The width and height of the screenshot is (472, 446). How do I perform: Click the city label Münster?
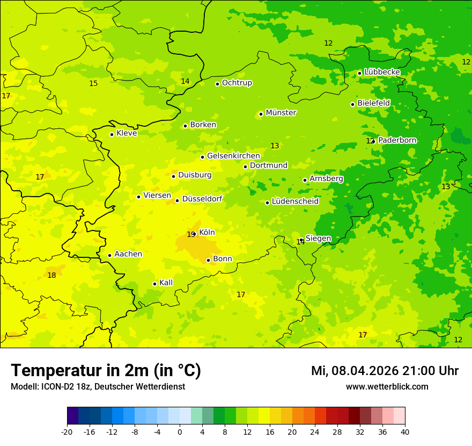point(281,113)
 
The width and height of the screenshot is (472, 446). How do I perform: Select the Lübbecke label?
point(382,72)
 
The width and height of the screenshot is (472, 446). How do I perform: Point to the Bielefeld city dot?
point(352,104)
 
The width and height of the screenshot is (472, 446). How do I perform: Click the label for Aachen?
point(128,254)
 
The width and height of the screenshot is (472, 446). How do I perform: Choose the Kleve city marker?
point(112,134)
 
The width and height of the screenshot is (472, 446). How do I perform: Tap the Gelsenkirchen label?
point(233,156)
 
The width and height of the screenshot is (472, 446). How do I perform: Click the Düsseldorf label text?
point(202,199)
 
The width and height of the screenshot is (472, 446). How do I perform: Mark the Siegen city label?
point(318,239)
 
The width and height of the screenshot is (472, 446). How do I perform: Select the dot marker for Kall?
point(154,284)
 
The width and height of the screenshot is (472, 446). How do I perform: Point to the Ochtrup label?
point(237,83)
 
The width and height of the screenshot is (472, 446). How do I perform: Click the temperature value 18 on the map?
point(51,275)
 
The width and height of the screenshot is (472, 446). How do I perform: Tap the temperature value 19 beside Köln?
point(190,235)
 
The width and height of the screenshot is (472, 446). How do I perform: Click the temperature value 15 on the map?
point(93,83)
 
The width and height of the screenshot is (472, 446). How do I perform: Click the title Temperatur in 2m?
point(106,370)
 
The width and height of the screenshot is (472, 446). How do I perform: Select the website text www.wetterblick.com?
point(387,386)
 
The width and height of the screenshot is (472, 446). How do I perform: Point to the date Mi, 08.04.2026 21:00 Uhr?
point(385,371)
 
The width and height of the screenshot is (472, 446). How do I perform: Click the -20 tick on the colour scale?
point(67,431)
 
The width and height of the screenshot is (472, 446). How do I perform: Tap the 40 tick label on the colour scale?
point(405,431)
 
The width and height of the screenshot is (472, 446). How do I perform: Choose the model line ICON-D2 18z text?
point(98,386)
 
